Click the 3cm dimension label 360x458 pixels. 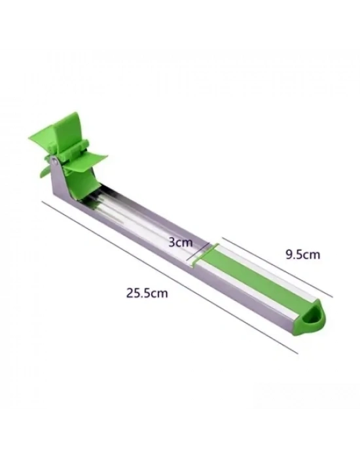coord(181,243)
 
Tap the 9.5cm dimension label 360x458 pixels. coord(302,255)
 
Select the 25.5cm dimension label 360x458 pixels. coord(147,292)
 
